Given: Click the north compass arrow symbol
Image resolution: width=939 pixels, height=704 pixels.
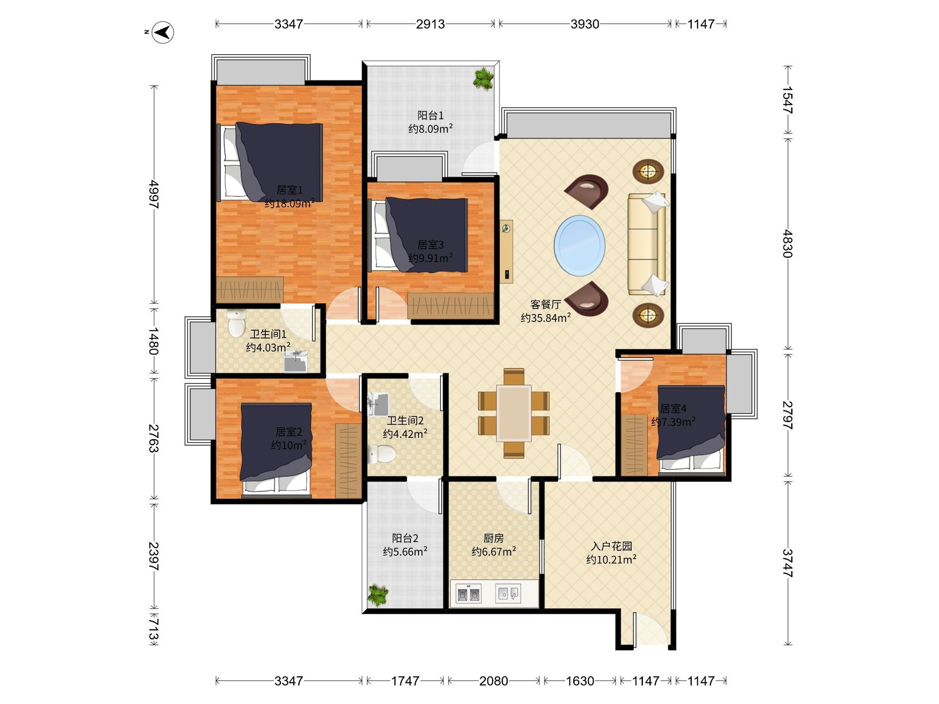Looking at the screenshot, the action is [163, 32].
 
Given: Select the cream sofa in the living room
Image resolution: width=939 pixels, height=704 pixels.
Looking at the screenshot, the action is [646, 244].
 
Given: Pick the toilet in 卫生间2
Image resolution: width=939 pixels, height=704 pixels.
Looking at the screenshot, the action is [381, 454].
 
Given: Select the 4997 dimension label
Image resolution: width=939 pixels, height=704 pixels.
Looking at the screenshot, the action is [154, 194].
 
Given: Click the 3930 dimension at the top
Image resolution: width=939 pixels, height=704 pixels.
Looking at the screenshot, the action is [585, 24].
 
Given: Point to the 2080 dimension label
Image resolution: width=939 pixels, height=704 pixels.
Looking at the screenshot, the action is [493, 681].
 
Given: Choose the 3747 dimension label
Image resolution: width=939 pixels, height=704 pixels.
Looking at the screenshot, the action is [788, 563].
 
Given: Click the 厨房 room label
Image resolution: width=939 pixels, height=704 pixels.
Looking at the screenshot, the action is [494, 538].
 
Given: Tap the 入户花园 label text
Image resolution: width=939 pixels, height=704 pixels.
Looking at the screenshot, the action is [611, 546].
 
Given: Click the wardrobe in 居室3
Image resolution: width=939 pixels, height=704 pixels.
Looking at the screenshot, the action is [451, 305].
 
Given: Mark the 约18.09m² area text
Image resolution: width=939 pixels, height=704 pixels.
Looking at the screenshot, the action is [290, 204].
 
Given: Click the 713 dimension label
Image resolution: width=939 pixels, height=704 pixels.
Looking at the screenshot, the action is [154, 631].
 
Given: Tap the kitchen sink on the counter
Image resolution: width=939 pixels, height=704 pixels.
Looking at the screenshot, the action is [508, 593].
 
